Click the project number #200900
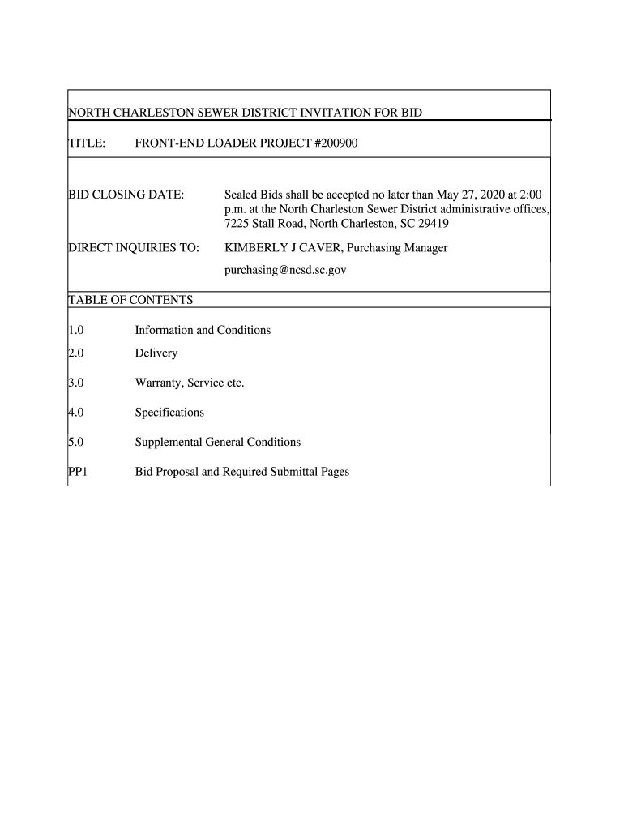tap(331, 143)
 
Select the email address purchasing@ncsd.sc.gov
tap(284, 270)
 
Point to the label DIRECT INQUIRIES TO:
tap(133, 248)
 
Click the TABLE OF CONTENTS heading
tap(130, 301)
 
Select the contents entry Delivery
tap(156, 353)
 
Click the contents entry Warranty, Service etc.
tap(189, 383)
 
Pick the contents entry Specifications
tap(169, 413)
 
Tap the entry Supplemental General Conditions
tap(217, 442)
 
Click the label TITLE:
tap(86, 143)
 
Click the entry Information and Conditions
tap(203, 331)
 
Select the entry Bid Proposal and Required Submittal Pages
tap(241, 472)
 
